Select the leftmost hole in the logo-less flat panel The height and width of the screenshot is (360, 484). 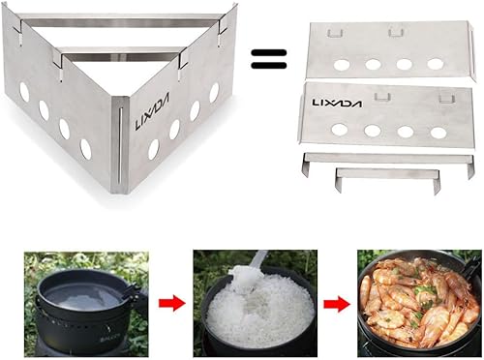tap(342, 65)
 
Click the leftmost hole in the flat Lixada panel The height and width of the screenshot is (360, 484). tap(339, 130)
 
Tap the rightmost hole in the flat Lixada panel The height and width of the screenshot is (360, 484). tap(438, 132)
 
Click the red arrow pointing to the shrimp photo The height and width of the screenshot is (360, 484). tap(336, 304)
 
